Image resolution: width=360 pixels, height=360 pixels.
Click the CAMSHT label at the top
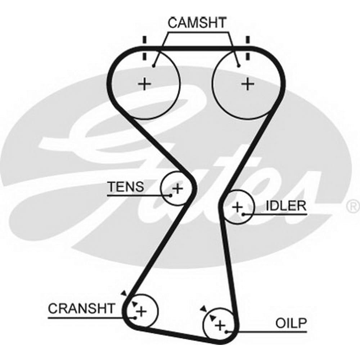point(197,22)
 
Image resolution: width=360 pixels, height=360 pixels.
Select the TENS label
point(126,187)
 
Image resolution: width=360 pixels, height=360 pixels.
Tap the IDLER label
point(286,206)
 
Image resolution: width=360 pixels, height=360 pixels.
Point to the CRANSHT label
point(82,309)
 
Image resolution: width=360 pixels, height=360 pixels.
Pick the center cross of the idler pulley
point(237,207)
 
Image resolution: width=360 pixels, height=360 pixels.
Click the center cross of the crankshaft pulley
point(141,310)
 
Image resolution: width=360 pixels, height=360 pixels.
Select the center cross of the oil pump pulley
point(220,325)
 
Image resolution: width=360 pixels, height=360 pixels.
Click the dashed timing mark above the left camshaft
point(144,49)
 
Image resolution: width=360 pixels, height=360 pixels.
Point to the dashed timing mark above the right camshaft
point(247,49)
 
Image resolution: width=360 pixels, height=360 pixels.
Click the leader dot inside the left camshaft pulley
point(154,66)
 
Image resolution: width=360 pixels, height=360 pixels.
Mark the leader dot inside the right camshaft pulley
point(239,66)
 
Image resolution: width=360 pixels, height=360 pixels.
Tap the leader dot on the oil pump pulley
point(226,332)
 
